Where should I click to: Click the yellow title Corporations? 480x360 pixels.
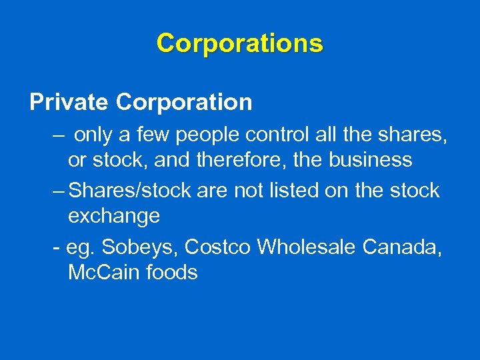point(239,43)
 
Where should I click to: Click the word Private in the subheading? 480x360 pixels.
point(69,102)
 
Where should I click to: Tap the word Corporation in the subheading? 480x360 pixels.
point(183,102)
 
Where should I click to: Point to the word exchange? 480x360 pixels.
point(113,216)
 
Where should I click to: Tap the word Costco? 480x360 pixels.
point(217,247)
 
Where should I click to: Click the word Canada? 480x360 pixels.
point(404,247)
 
